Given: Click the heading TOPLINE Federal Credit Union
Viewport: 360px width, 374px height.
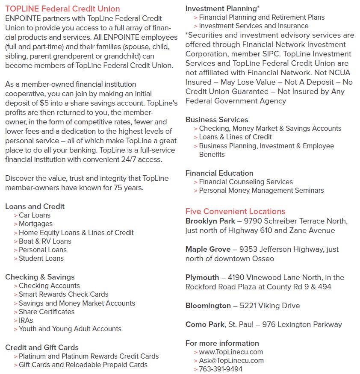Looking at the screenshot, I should tap(62, 9).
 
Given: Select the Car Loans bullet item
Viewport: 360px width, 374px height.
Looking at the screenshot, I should tap(34, 215).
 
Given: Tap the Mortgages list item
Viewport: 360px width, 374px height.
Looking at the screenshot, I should tap(35, 224).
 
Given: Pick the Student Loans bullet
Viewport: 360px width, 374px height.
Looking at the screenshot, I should tap(41, 258).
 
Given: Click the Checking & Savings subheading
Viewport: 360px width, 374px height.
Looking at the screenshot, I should tap(40, 277).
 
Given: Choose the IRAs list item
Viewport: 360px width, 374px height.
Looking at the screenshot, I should tap(26, 320).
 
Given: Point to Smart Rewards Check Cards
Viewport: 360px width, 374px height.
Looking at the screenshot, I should tap(63, 294).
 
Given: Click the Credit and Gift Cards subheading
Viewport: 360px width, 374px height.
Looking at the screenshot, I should tap(42, 347).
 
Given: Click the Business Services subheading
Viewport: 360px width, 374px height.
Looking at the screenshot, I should tap(217, 120).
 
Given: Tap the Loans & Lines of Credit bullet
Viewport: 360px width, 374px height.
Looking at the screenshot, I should tap(235, 137).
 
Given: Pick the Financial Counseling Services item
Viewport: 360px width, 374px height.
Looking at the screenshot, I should tap(246, 182).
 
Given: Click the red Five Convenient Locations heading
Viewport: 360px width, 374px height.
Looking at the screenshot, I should tap(235, 211).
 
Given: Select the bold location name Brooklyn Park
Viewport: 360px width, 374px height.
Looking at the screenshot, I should tap(210, 221).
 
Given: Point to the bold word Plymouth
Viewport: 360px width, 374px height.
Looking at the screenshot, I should tap(202, 277).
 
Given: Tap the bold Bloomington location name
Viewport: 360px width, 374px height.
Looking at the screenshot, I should tap(208, 306).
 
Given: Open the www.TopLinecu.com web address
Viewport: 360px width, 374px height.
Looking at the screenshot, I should tap(231, 352).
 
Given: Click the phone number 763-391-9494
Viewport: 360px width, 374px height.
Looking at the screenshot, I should tap(221, 369).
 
